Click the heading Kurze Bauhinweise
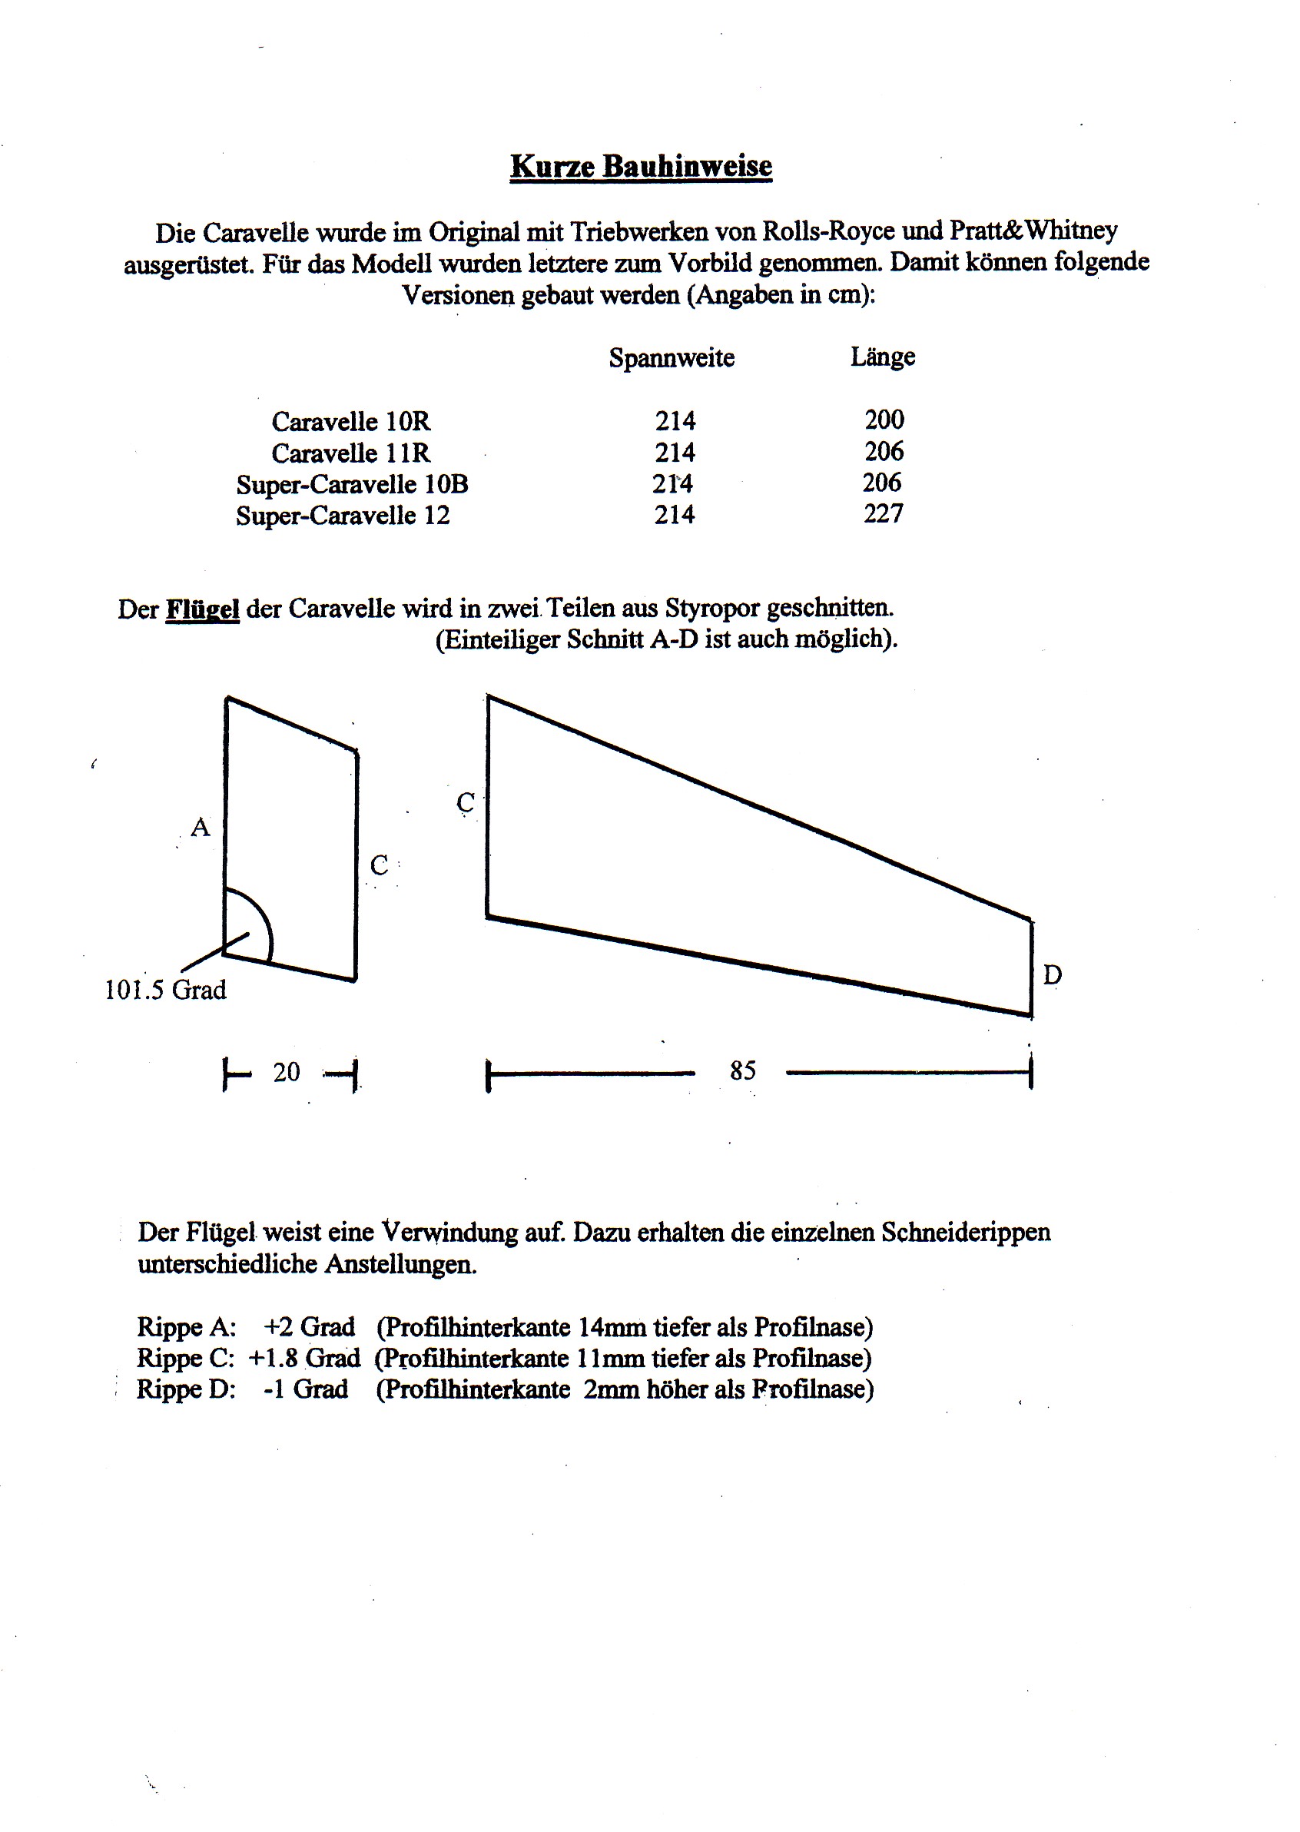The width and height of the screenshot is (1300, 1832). click(x=642, y=166)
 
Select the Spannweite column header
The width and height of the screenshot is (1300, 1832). click(x=671, y=357)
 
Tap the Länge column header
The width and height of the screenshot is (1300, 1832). click(x=882, y=357)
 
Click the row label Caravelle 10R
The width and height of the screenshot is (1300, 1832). click(x=350, y=421)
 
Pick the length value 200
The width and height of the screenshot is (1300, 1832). click(x=884, y=420)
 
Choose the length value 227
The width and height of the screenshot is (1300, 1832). click(x=883, y=513)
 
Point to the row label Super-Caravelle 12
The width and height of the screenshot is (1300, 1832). click(x=343, y=515)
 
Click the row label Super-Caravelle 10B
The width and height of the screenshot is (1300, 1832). click(x=351, y=484)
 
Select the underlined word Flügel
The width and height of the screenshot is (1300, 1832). click(x=202, y=609)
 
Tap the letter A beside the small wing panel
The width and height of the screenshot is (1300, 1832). click(x=200, y=827)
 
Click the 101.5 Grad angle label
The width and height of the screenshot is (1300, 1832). click(x=166, y=991)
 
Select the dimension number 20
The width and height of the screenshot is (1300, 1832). click(x=286, y=1072)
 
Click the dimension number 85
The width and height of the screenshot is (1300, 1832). click(x=742, y=1070)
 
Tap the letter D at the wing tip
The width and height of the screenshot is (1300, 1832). click(x=1052, y=974)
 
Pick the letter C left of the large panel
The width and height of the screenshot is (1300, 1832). click(x=465, y=801)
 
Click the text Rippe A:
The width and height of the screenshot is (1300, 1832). click(x=187, y=1328)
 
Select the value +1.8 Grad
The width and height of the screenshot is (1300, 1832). click(x=304, y=1358)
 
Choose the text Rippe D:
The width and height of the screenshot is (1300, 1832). click(x=187, y=1389)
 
